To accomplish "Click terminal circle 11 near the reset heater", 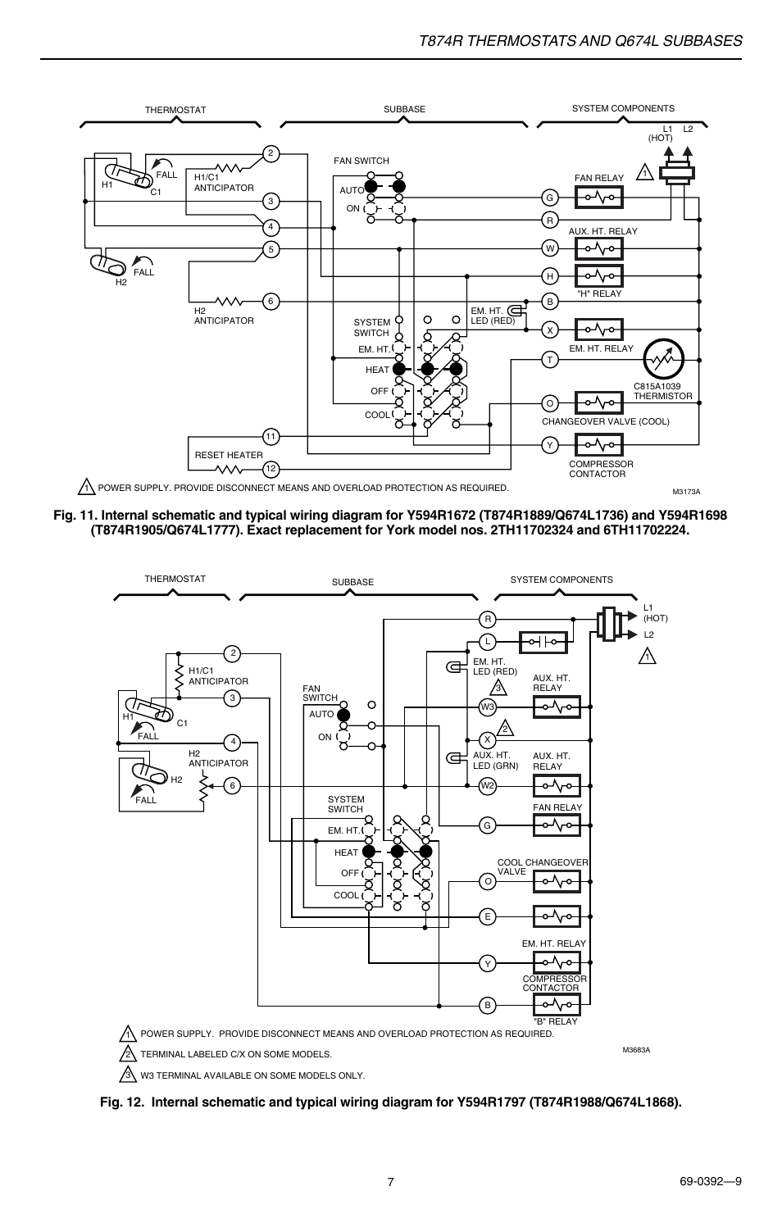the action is [271, 436].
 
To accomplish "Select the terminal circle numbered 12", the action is [271, 469].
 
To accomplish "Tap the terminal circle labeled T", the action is [549, 360].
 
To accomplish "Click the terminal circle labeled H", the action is [549, 275].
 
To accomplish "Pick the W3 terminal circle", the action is [488, 707].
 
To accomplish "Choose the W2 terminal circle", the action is [488, 786].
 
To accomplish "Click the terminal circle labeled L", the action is [488, 642].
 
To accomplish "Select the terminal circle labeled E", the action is [488, 916].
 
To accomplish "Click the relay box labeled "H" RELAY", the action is [599, 275].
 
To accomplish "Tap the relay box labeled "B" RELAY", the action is [557, 1004].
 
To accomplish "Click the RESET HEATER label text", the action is [229, 455].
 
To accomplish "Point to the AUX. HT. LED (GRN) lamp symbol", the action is [453, 758].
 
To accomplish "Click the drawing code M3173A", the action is [686, 492].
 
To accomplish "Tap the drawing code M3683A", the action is [636, 1050].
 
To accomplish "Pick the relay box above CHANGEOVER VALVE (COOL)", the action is [599, 402].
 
